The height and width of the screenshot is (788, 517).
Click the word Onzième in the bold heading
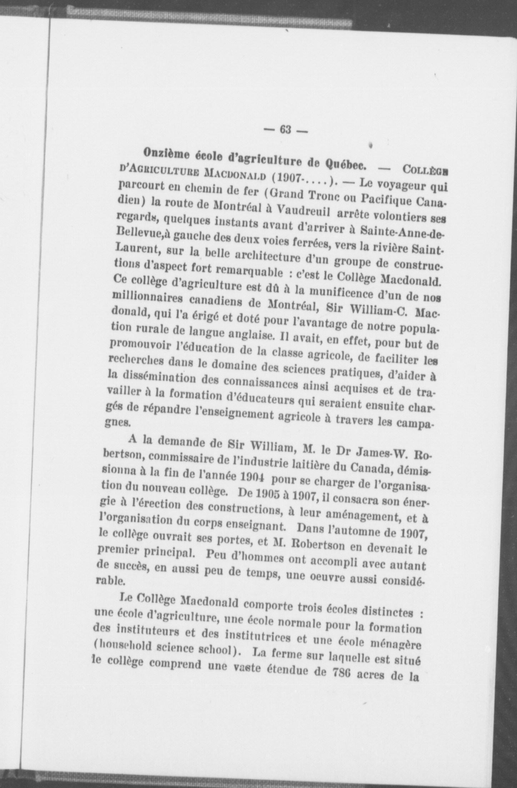(167, 153)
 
